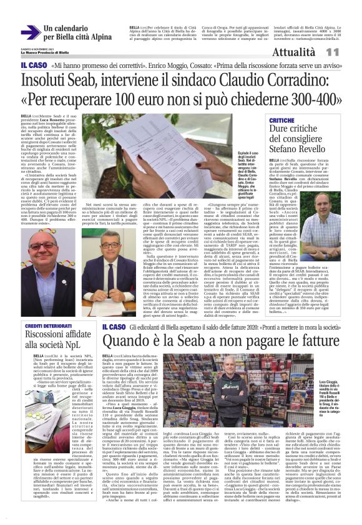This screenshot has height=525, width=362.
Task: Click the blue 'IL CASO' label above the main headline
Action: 34,65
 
